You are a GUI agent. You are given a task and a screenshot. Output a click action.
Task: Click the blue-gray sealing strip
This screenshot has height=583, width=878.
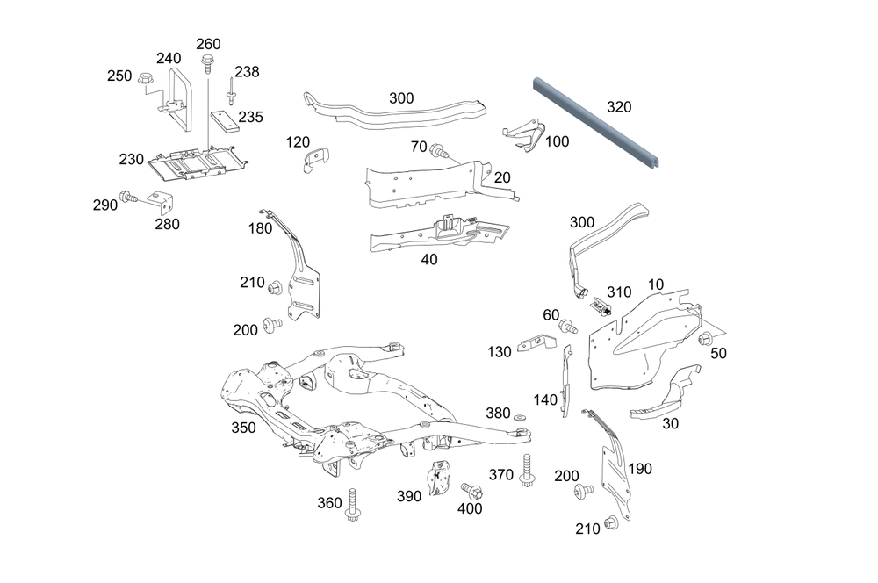597,123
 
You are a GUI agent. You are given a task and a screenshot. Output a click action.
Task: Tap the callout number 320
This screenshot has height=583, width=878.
619,107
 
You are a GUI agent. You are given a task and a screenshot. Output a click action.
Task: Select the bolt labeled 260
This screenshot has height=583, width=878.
208,63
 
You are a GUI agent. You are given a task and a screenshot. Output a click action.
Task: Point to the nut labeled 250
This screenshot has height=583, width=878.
146,82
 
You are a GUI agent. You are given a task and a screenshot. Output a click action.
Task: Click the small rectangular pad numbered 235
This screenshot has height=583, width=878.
219,119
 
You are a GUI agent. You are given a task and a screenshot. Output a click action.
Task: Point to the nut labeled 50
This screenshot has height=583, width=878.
704,340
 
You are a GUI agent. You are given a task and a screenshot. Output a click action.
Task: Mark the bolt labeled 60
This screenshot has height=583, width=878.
567,327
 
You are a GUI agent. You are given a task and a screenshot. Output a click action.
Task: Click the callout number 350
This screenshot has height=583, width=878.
243,428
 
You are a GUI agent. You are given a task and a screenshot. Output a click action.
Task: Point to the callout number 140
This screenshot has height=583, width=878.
545,400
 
